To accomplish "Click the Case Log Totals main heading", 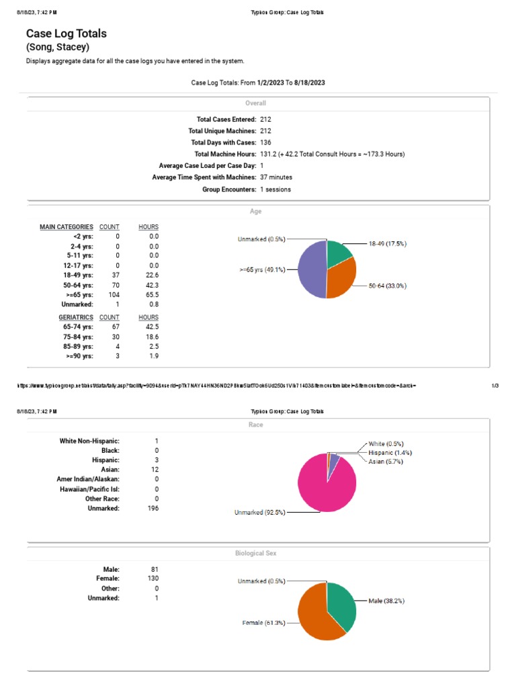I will (66, 33).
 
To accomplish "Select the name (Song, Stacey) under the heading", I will (57, 47).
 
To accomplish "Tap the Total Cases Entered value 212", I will (265, 119).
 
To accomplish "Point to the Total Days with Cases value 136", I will (265, 142).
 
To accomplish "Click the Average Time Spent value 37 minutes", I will (275, 177).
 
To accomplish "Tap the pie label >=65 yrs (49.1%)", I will (262, 269).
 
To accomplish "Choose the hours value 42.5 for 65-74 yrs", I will (153, 327).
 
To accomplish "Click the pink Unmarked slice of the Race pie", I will (326, 487).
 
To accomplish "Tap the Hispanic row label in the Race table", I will (105, 460).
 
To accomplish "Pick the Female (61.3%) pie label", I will (263, 623).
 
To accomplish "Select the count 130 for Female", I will (153, 578).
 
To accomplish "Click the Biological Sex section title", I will (255, 553).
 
